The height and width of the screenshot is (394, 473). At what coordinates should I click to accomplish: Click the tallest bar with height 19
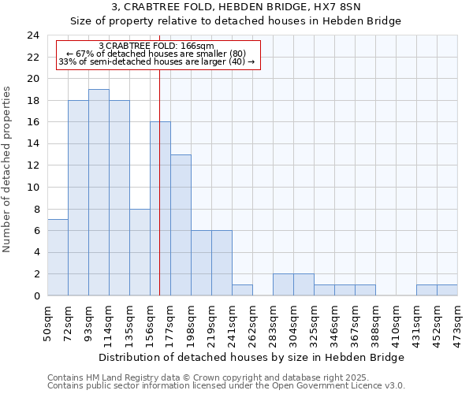click(99, 193)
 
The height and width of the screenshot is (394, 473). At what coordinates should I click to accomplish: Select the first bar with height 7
click(58, 258)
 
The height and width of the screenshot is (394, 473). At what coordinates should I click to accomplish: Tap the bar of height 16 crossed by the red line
click(160, 209)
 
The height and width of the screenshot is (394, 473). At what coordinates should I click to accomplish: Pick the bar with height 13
click(181, 225)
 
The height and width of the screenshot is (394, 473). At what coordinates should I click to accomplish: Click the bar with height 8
click(140, 252)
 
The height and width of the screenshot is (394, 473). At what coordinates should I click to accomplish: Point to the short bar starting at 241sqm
click(242, 290)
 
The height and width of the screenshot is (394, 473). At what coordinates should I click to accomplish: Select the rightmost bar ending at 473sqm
click(447, 290)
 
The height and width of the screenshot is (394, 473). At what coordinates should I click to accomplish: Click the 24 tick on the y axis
click(32, 35)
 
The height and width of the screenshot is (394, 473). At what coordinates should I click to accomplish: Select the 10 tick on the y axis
click(32, 188)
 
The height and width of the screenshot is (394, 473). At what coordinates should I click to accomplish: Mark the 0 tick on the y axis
click(35, 296)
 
